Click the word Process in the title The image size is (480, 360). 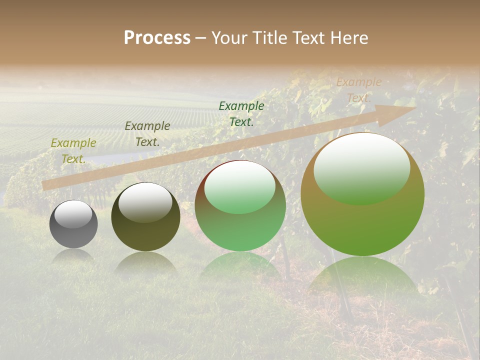pos(157,38)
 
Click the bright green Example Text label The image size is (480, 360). pos(241,113)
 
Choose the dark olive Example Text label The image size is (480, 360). pos(147,134)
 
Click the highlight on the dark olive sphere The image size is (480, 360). pos(145,201)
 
